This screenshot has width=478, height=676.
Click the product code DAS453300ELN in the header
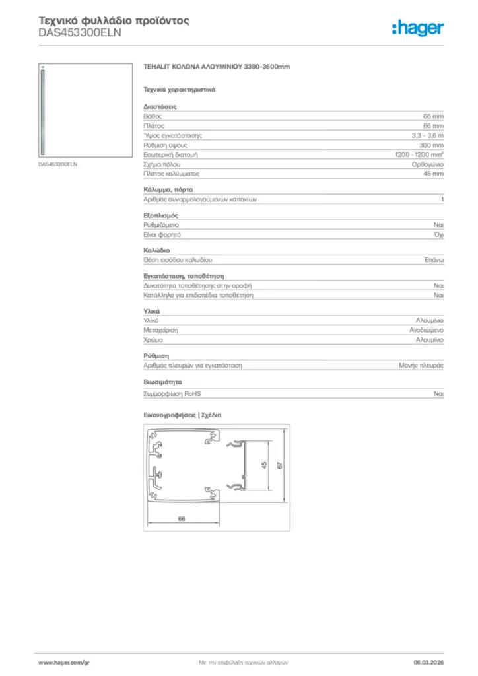[x=80, y=33]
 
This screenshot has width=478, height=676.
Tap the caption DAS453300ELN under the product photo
[x=58, y=164]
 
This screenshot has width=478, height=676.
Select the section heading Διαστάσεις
[x=160, y=106]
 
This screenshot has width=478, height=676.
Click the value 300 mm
[x=433, y=145]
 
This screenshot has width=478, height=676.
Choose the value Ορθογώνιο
[x=427, y=164]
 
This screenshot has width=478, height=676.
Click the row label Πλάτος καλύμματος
[x=171, y=174]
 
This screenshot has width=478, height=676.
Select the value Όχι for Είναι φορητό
[x=438, y=234]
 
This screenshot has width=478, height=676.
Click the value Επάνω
[x=434, y=261]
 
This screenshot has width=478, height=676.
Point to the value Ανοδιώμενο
[x=427, y=329]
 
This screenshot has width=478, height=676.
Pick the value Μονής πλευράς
[x=421, y=365]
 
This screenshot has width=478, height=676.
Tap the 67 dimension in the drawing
[x=280, y=465]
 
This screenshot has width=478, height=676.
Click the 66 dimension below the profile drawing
[x=182, y=519]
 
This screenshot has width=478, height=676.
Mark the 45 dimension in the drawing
[x=264, y=465]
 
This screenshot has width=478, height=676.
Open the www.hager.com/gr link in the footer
[x=63, y=661]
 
